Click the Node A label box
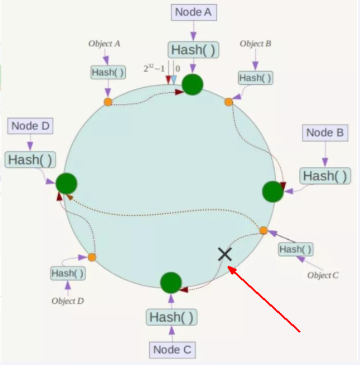tap(193, 12)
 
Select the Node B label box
tap(325, 133)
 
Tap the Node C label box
tap(173, 350)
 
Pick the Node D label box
tap(31, 126)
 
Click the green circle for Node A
tap(193, 84)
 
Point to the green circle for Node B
tap(273, 191)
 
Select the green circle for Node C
tap(171, 283)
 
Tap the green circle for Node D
tap(66, 183)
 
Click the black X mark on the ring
tap(225, 254)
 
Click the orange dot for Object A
tap(108, 102)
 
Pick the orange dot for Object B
tap(229, 102)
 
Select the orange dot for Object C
tap(263, 230)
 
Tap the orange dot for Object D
tap(92, 257)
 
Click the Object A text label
tap(104, 43)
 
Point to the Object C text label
tap(323, 275)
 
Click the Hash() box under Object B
tap(255, 78)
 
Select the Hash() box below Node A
tap(193, 49)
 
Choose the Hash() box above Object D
tap(67, 273)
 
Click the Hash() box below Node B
tap(325, 176)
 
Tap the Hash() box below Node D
tap(31, 159)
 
